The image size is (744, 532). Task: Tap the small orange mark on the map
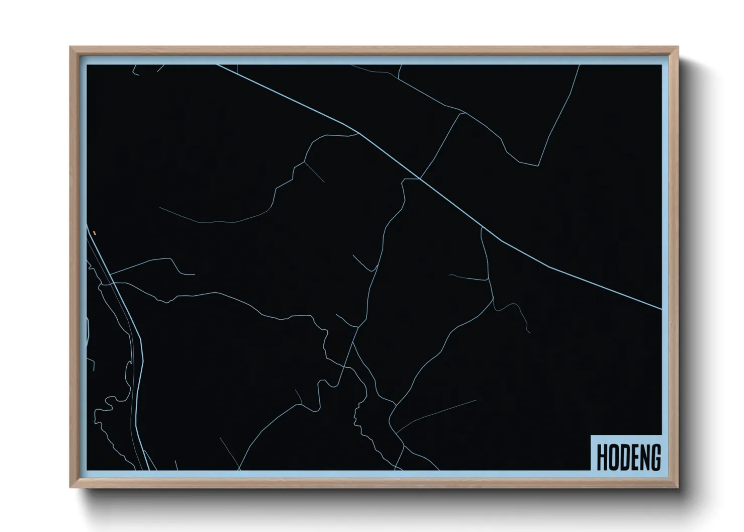tap(94, 233)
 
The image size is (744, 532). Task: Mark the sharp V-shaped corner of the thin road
tap(538, 165)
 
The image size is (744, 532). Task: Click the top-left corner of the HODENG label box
tap(591, 435)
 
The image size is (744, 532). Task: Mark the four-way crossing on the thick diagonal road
tap(420, 179)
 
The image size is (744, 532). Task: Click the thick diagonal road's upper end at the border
tap(218, 65)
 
